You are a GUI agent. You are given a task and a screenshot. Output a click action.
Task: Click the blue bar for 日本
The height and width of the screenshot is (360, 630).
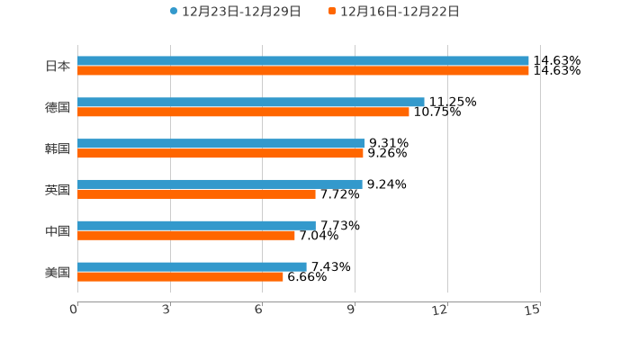pos(303,61)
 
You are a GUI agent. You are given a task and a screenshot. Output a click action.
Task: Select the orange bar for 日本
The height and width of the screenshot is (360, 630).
pos(303,71)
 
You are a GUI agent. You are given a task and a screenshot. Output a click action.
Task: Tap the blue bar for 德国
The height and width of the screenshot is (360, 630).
pos(251,103)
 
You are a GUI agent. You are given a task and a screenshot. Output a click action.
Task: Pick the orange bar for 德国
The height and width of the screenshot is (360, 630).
pos(243,112)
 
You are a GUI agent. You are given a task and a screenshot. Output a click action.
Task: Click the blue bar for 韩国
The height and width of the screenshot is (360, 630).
pos(221,144)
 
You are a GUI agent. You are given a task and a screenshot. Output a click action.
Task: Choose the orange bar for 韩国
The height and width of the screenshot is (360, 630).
pos(220,154)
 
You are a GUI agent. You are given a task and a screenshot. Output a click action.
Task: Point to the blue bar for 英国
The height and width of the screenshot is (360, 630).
pos(220,184)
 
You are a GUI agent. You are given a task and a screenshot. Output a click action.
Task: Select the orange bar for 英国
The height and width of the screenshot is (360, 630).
pos(196,194)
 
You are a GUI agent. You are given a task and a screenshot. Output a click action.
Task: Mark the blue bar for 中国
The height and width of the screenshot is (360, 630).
pos(196,226)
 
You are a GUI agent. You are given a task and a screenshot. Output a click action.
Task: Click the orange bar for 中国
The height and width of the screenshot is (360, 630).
pos(186,236)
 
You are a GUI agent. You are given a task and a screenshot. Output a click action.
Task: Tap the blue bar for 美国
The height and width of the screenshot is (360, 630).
pos(192,267)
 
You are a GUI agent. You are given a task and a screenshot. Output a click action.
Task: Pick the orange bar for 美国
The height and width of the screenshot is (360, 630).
pos(180,277)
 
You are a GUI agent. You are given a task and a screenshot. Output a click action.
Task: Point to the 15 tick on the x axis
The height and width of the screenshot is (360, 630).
pos(533,310)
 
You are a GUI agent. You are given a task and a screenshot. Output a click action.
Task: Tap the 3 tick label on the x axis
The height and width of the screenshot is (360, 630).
pos(166,310)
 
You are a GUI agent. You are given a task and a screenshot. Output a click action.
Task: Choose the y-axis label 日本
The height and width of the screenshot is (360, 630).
pos(58,67)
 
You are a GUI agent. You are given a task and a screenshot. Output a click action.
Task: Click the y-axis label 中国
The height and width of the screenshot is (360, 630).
pos(58,231)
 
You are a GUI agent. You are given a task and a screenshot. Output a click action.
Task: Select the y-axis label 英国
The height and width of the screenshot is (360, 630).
pos(58,190)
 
